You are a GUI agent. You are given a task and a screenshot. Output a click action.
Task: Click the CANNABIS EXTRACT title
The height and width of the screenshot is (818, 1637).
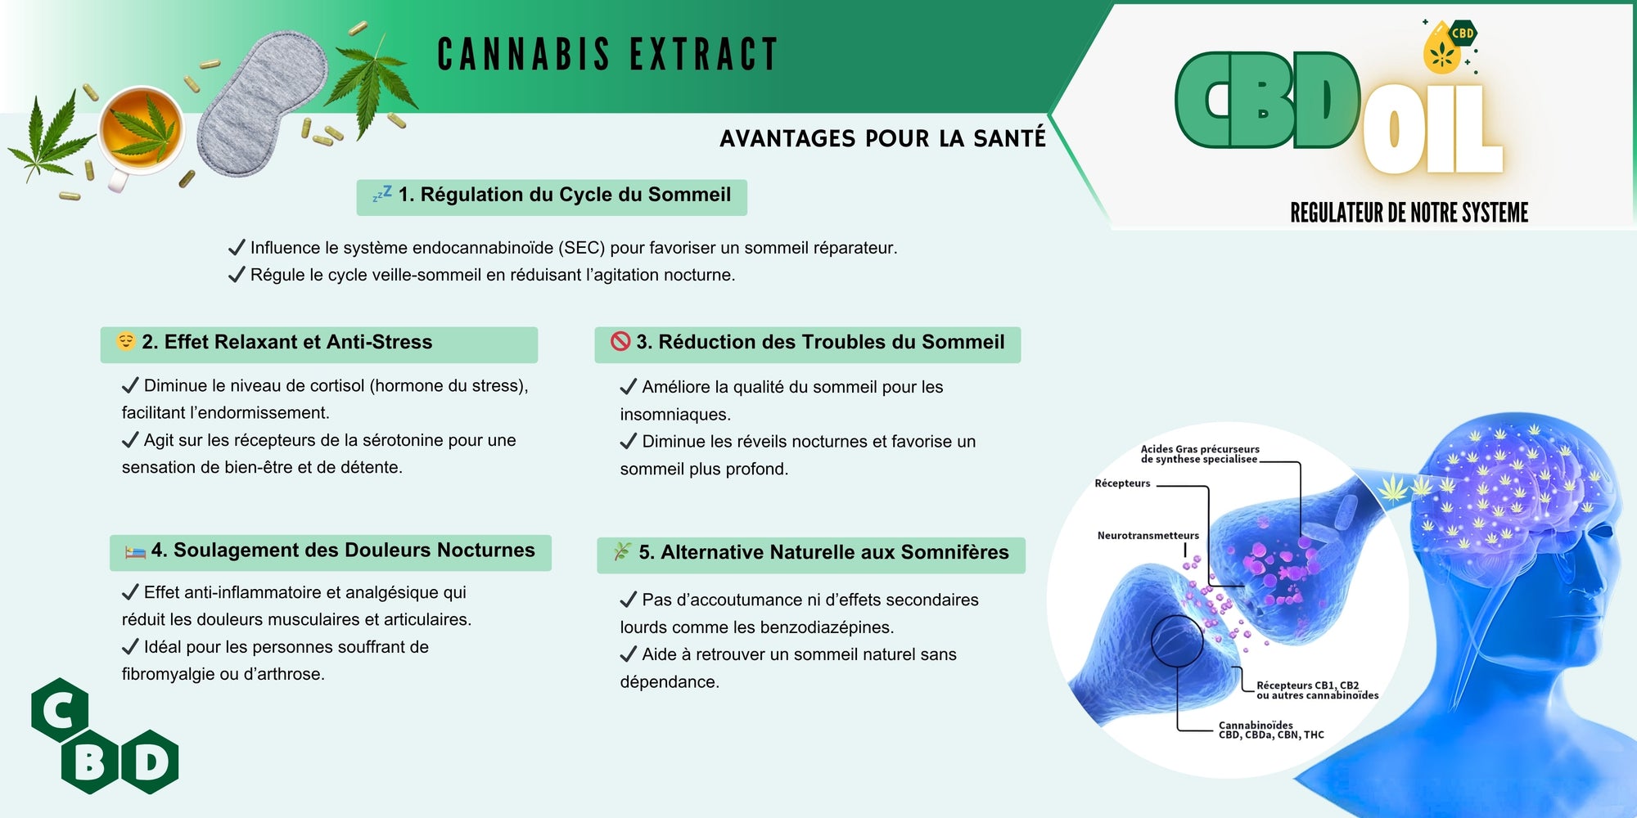607,55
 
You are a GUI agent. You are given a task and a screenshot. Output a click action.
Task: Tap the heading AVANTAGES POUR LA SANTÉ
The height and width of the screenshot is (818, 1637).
882,138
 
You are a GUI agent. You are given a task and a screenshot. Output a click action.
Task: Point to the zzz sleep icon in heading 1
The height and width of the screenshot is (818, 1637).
382,194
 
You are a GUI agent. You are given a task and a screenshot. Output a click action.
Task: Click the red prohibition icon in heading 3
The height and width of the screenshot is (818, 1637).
620,341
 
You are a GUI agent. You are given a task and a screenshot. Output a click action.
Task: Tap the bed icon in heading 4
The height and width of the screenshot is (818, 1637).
135,551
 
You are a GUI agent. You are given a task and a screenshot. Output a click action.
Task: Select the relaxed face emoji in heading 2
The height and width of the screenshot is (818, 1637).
125,341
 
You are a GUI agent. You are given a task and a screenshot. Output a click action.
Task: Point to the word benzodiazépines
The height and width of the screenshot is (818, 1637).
824,627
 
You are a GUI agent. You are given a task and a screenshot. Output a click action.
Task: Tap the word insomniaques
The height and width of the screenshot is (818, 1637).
674,414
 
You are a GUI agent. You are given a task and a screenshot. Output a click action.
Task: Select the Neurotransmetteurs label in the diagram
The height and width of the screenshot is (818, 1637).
1148,536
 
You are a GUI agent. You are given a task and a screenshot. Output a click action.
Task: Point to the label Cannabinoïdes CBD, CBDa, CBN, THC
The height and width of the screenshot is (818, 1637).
1270,730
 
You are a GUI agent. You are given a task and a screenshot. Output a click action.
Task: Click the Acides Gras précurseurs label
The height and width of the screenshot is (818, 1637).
1200,454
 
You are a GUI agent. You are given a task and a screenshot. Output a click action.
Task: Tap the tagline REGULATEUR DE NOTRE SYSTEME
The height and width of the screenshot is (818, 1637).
1409,213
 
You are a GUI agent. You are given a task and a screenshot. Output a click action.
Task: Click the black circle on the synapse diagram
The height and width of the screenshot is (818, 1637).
1177,640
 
